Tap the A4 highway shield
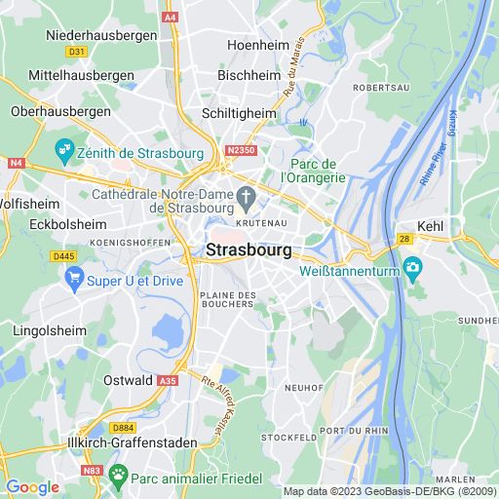172,17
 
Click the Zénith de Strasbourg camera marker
65,150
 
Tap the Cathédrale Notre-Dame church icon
248,202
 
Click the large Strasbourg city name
249,250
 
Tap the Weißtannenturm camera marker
413,267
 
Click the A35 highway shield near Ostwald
169,381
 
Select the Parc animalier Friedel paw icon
118,476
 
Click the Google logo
32,487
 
